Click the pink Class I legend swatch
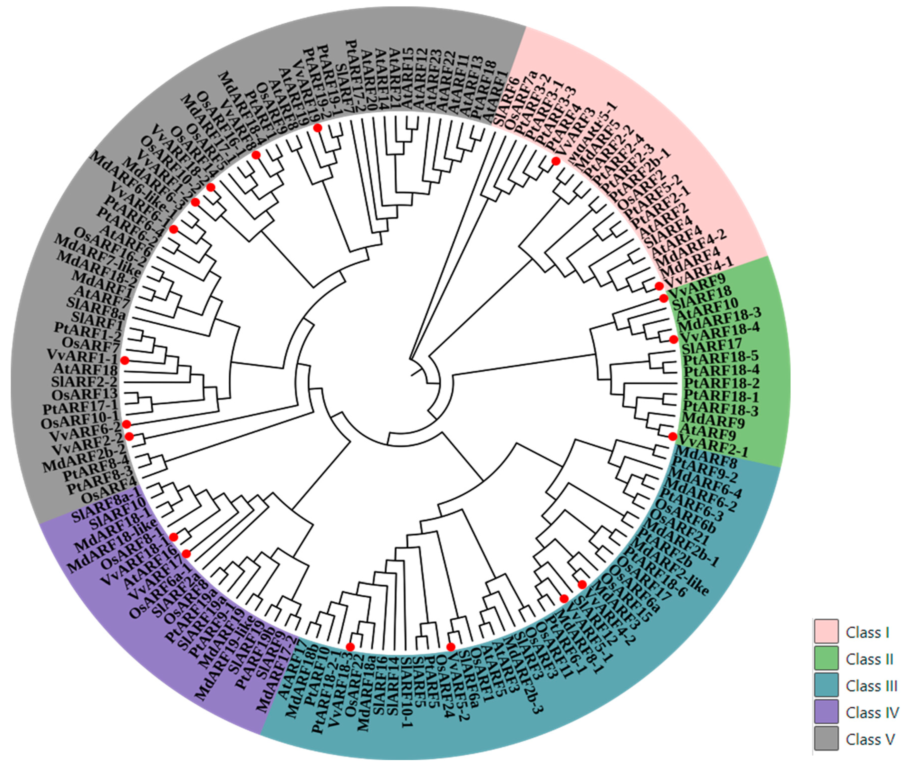point(826,632)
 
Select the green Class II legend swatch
point(826,659)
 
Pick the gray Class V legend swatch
point(826,739)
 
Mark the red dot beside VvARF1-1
point(125,360)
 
